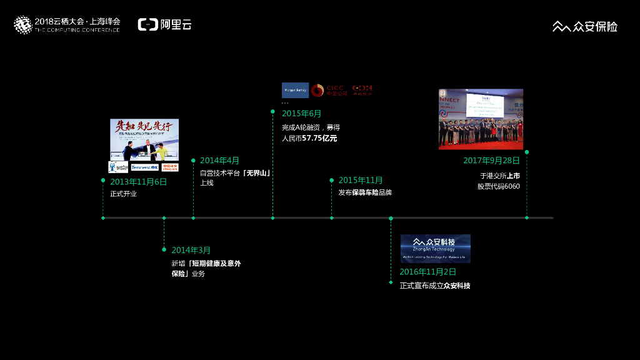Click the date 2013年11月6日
139,182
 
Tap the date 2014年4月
219,161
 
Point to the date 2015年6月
301,113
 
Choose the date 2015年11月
361,181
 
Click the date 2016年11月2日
428,272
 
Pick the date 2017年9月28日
491,161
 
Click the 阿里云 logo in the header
164,25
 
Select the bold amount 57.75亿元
319,138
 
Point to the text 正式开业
123,194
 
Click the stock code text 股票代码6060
499,186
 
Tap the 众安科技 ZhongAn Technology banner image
435,248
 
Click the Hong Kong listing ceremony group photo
481,119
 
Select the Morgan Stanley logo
295,90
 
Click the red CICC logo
326,90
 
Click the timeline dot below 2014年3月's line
164,218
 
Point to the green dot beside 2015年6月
272,111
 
